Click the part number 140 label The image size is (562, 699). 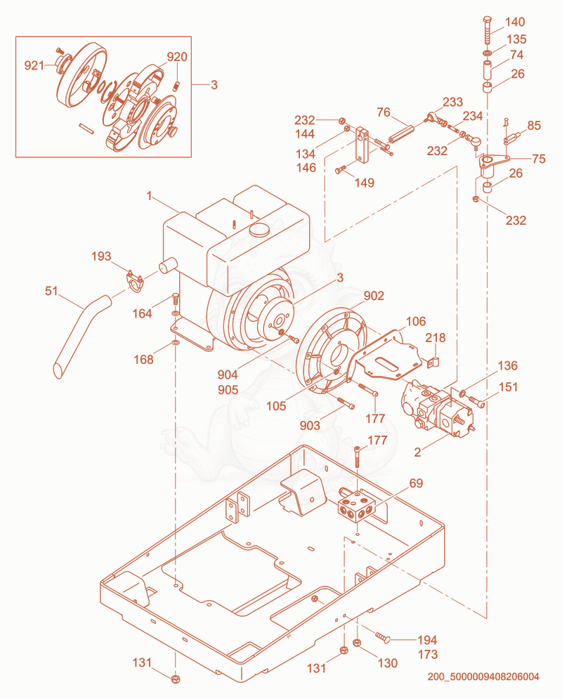[515, 22]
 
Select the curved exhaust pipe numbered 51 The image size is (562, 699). [81, 335]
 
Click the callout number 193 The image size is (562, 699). [101, 256]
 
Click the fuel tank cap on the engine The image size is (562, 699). [259, 230]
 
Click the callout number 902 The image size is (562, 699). [374, 296]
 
